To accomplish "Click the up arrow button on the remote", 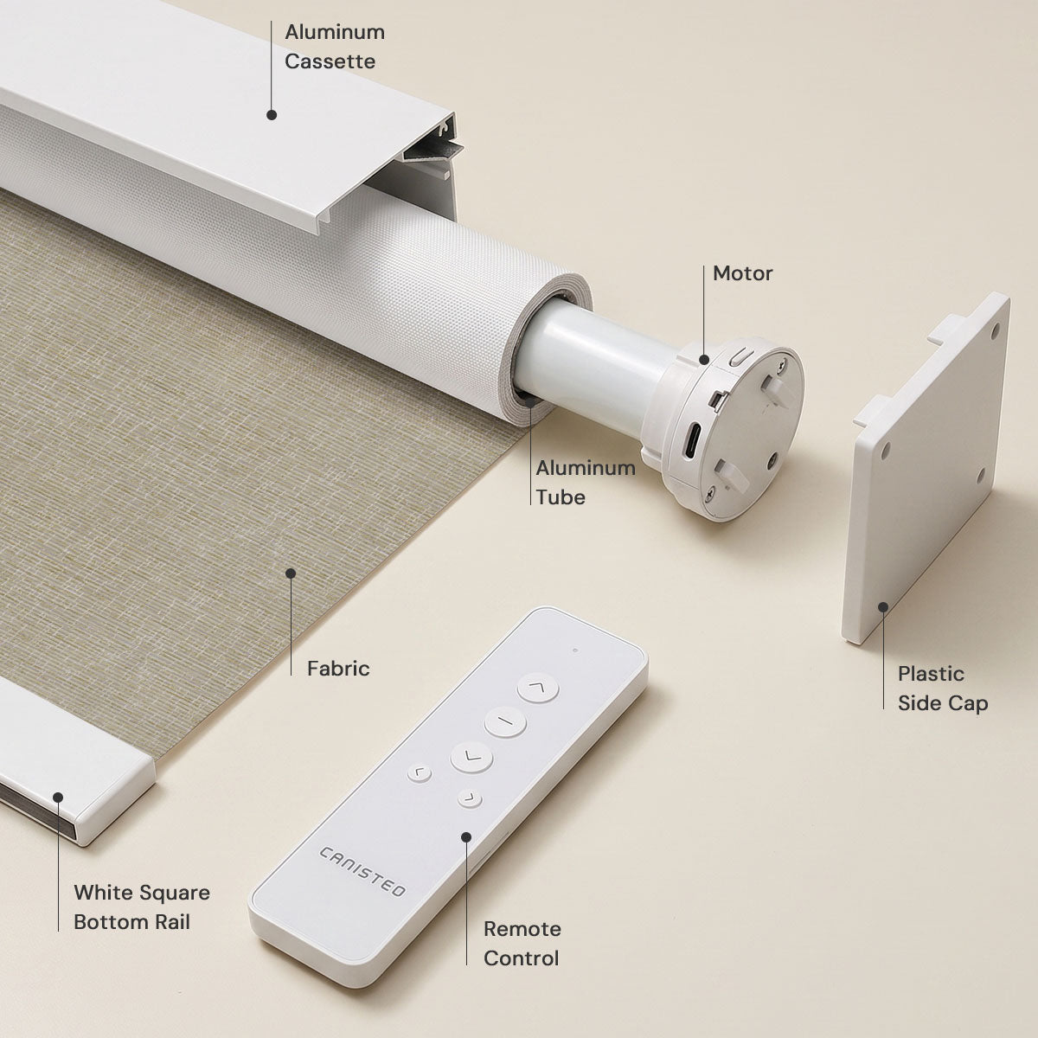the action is click(537, 688).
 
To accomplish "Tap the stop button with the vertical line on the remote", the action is click(504, 721).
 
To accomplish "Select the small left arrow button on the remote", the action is click(419, 774).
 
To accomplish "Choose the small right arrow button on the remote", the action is click(470, 798).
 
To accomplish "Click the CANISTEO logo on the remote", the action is click(362, 872).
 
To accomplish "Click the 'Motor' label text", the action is click(742, 273).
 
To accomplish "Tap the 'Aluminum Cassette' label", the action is click(335, 47).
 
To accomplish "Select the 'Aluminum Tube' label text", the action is click(586, 482).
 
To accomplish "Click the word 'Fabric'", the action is click(338, 669).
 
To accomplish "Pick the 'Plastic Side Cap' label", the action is click(943, 688).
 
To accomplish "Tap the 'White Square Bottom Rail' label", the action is click(142, 907).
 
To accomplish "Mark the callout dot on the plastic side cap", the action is click(883, 607).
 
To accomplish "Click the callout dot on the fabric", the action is click(291, 573).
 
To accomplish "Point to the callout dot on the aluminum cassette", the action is click(272, 115).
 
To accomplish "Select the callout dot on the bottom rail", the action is click(58, 798).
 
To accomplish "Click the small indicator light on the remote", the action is click(575, 650).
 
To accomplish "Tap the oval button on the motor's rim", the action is click(740, 356).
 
